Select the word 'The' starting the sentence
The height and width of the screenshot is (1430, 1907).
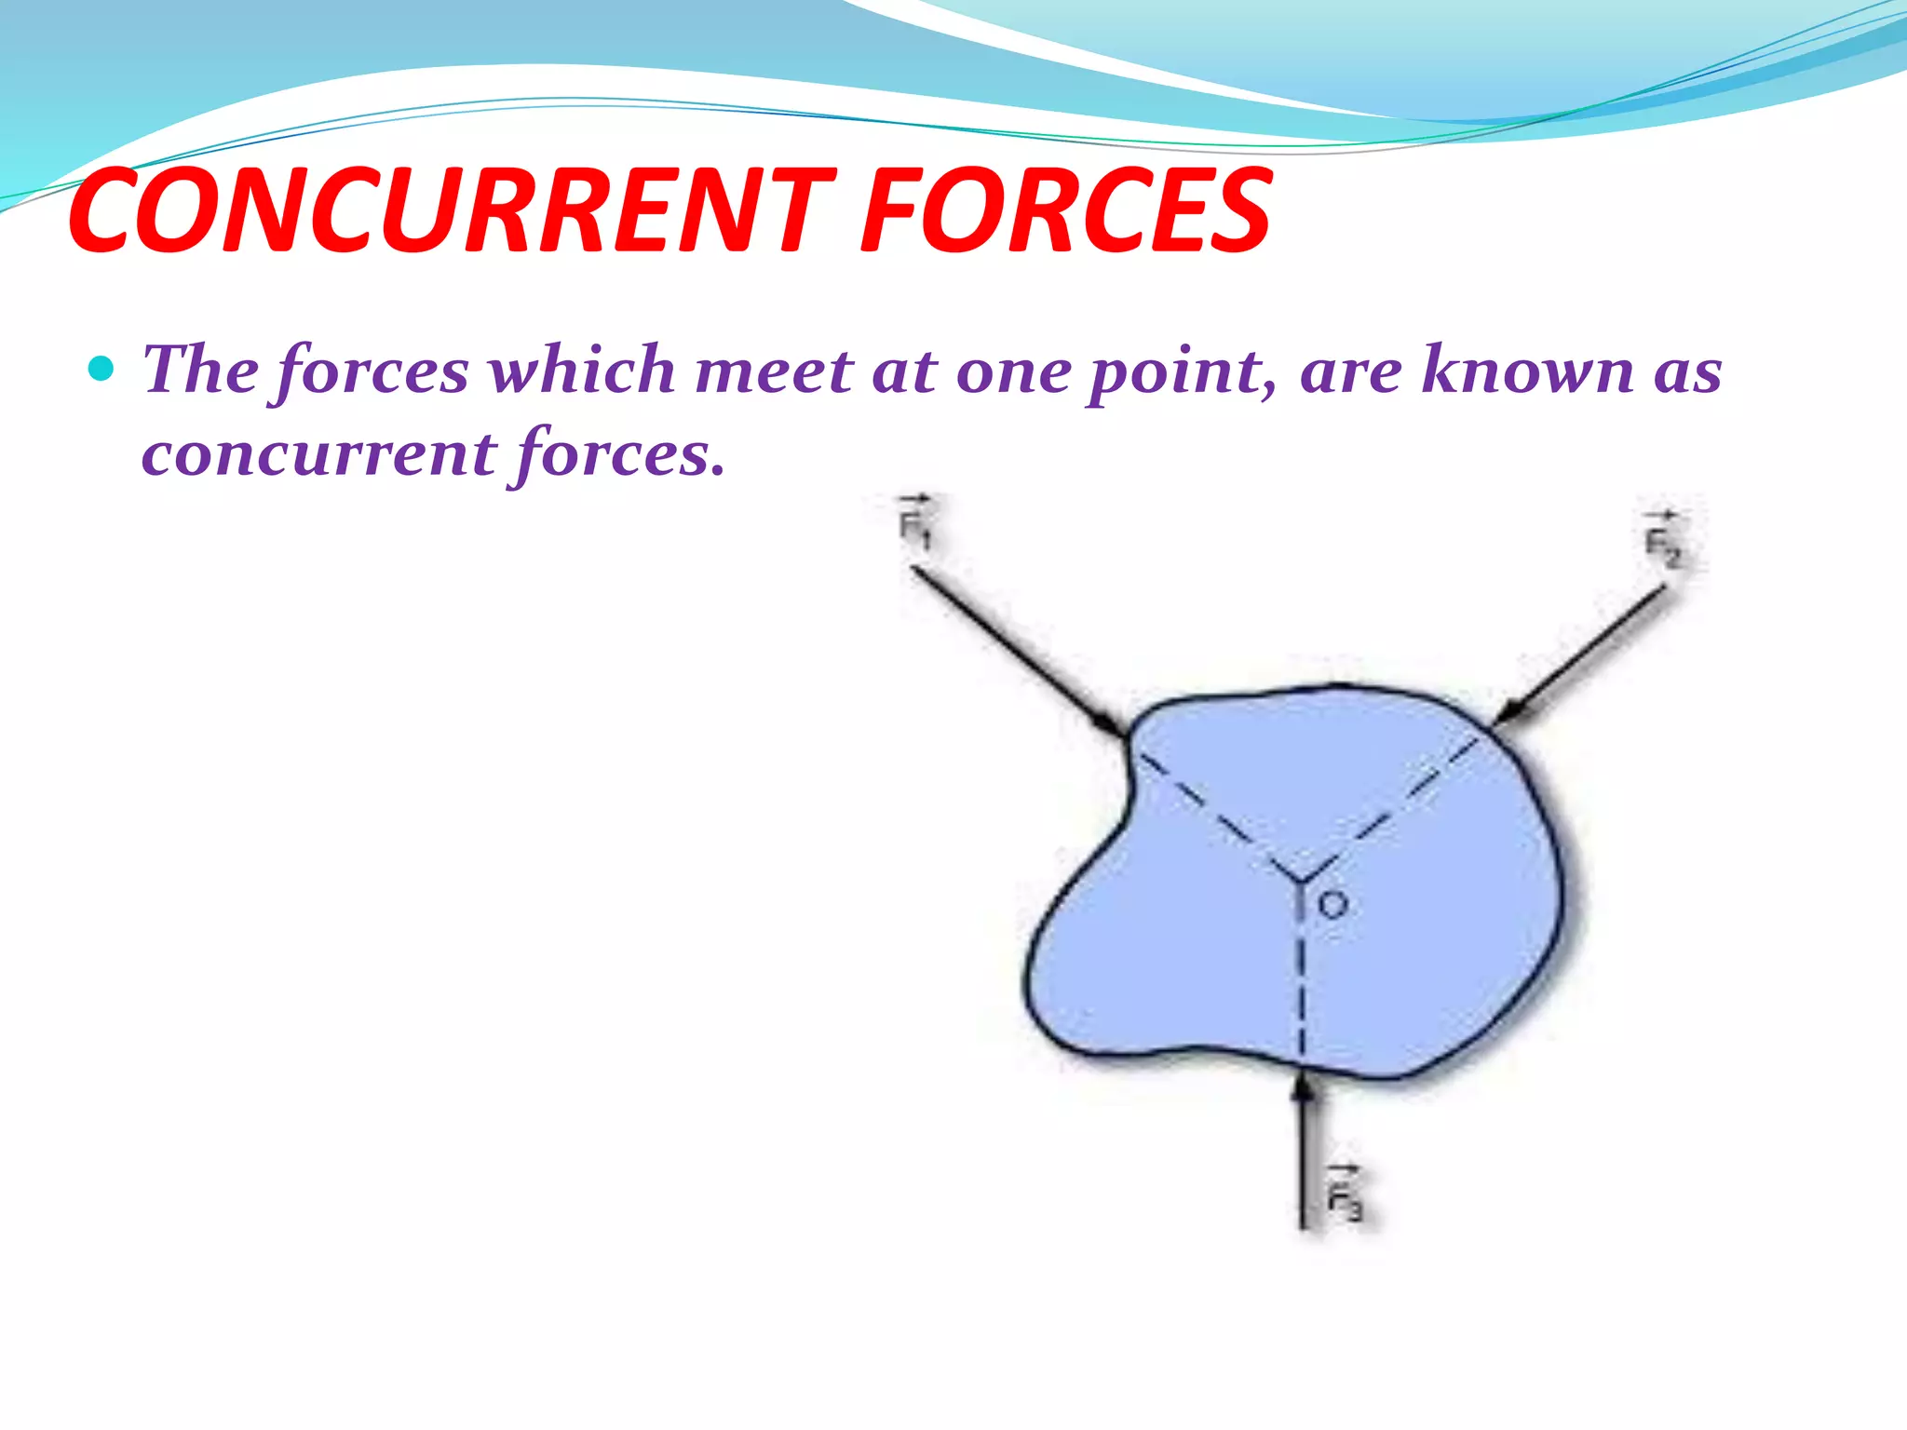(x=200, y=371)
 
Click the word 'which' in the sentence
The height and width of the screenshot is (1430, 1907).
(x=581, y=371)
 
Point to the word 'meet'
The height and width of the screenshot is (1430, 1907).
(x=773, y=371)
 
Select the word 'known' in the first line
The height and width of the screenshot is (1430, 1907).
(x=1527, y=371)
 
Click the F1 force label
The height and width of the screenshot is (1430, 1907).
(x=913, y=524)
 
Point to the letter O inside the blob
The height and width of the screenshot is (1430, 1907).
(x=1333, y=904)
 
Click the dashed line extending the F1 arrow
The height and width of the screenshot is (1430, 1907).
(x=1210, y=810)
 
